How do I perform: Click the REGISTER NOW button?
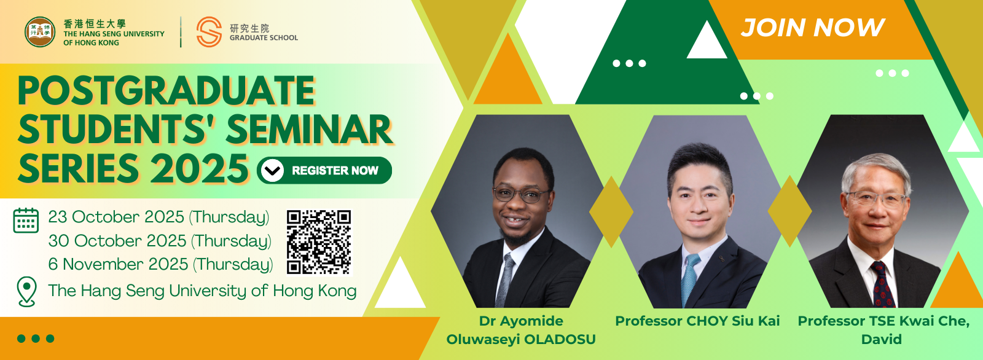pyautogui.click(x=324, y=170)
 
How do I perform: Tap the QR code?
pyautogui.click(x=319, y=242)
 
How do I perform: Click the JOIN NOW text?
pyautogui.click(x=813, y=27)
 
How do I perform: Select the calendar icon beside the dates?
pyautogui.click(x=26, y=221)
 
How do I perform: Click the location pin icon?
pyautogui.click(x=26, y=292)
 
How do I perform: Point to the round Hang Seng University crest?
pyautogui.click(x=40, y=31)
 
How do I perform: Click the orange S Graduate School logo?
pyautogui.click(x=209, y=31)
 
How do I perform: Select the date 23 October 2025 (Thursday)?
pyautogui.click(x=159, y=217)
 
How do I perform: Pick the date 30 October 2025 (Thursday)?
pyautogui.click(x=160, y=241)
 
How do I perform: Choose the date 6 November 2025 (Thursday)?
pyautogui.click(x=160, y=264)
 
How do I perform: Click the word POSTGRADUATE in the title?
pyautogui.click(x=166, y=91)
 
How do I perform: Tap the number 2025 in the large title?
pyautogui.click(x=200, y=168)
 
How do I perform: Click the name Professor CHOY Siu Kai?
pyautogui.click(x=697, y=321)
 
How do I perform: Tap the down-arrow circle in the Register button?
pyautogui.click(x=273, y=170)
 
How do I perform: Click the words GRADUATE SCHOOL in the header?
pyautogui.click(x=264, y=37)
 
